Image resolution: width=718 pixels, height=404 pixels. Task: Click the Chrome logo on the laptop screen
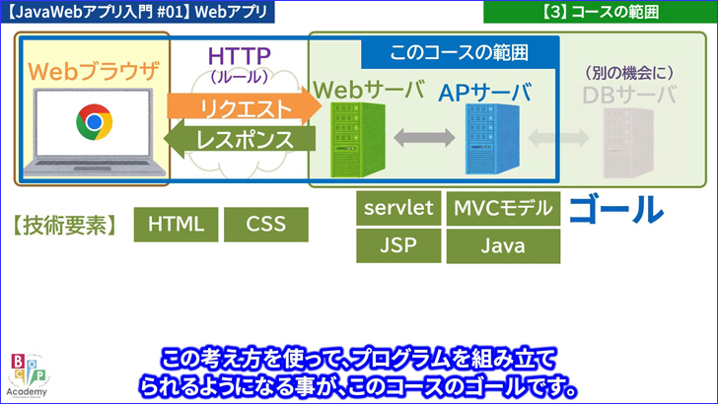pos(93,123)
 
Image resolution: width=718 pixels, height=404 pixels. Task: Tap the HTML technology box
pos(176,224)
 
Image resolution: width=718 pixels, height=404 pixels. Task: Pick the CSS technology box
pos(266,224)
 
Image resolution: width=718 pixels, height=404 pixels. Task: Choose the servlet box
pos(398,208)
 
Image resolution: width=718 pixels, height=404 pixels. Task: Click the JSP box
pos(398,245)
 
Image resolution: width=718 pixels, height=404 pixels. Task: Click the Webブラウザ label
pos(93,71)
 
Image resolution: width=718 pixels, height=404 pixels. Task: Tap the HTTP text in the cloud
pos(242,55)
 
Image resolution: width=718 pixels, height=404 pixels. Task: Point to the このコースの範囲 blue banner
pos(460,51)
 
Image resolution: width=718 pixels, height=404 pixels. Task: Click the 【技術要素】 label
pos(65,225)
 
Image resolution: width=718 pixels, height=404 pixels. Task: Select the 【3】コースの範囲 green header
pos(601,13)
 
